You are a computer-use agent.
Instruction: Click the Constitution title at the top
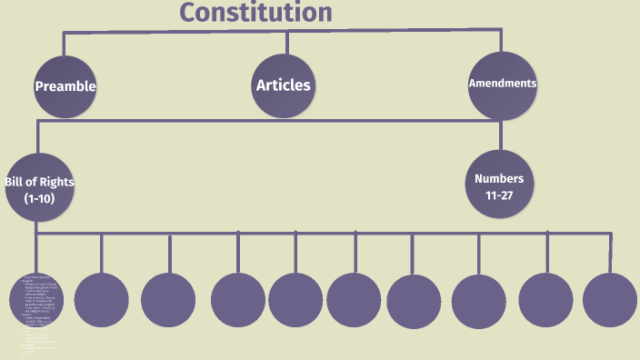[x=255, y=13]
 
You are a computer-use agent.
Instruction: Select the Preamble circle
[x=65, y=86]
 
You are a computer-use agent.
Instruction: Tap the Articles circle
[x=283, y=85]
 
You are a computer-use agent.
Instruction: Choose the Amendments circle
[x=502, y=85]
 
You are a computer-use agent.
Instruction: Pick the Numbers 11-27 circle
[x=499, y=186]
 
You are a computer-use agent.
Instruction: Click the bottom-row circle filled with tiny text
[x=36, y=300]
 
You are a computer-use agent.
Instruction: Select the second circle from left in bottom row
[x=102, y=300]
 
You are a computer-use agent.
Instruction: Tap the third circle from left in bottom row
[x=168, y=300]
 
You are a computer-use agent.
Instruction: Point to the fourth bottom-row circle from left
[x=238, y=300]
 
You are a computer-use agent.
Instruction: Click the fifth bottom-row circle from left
[x=295, y=300]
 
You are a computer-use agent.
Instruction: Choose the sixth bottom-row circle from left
[x=355, y=300]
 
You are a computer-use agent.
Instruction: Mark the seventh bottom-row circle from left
[x=414, y=301]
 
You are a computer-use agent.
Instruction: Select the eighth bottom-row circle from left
[x=478, y=301]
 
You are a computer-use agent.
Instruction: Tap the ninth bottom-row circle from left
[x=546, y=300]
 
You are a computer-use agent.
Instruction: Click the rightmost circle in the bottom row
[x=610, y=300]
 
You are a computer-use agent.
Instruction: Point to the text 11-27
[x=499, y=195]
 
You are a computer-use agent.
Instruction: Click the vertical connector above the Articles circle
[x=287, y=42]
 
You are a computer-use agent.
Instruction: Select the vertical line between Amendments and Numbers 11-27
[x=501, y=135]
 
